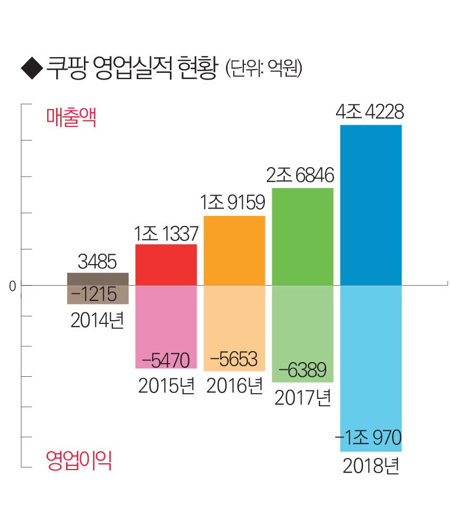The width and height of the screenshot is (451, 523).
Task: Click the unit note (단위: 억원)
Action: (x=264, y=70)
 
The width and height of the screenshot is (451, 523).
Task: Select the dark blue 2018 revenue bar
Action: (x=371, y=204)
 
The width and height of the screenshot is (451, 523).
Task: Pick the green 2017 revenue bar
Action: (x=303, y=236)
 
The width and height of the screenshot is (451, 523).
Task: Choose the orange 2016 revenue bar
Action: (x=234, y=250)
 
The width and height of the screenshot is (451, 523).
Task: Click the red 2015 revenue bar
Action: (x=166, y=264)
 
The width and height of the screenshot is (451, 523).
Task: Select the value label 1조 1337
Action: (x=165, y=232)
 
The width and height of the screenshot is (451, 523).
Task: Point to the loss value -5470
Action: (x=166, y=360)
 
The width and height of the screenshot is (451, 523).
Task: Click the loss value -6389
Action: (x=303, y=369)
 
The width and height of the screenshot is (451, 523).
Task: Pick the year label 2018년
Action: (x=371, y=464)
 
